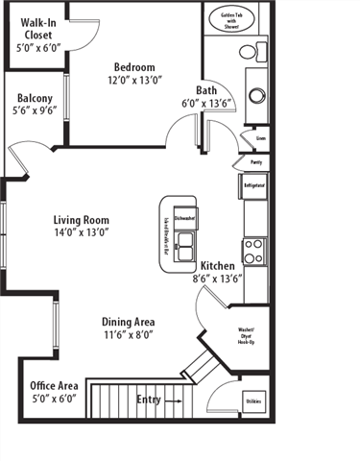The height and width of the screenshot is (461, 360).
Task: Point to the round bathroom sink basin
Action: click(256, 95)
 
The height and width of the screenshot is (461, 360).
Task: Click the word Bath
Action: click(206, 89)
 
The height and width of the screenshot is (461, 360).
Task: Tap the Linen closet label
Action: click(259, 138)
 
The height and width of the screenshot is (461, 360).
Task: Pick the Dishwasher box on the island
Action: click(184, 217)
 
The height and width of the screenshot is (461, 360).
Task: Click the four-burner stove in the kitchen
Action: click(253, 252)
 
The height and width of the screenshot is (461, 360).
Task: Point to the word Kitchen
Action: click(219, 265)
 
